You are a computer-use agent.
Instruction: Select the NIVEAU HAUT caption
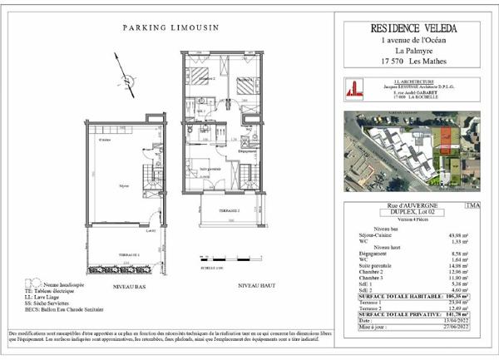coord(254,284)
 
